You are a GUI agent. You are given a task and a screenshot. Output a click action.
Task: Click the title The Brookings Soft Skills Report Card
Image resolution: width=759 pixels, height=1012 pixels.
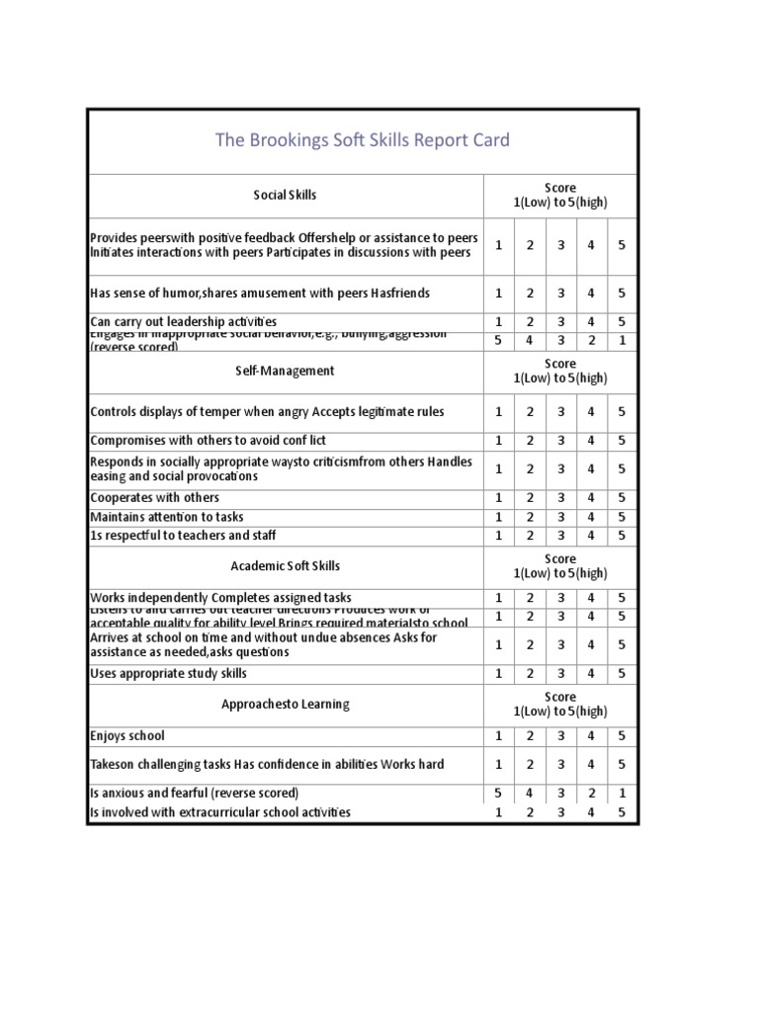pos(363,140)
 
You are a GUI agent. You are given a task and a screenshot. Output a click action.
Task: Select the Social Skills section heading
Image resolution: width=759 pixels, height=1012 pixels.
pos(285,195)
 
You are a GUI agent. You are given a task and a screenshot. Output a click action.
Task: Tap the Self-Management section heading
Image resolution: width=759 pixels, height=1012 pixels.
pos(285,371)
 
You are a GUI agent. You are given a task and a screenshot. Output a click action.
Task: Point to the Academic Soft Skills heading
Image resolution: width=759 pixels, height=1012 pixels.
pos(285,566)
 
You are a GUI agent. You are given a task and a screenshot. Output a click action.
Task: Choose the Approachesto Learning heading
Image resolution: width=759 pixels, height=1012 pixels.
pos(285,705)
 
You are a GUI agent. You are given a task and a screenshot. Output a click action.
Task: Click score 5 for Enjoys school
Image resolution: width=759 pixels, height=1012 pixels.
pos(622,736)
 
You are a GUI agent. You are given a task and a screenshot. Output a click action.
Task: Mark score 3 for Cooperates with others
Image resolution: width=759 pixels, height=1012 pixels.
pos(560,498)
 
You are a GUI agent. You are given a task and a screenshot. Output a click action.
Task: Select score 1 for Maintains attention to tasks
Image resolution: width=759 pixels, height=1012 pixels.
pos(499,517)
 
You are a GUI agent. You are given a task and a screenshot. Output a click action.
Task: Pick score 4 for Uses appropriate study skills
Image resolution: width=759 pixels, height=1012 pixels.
pos(591,674)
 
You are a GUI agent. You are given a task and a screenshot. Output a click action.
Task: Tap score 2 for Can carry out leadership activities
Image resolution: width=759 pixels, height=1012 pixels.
pos(531,322)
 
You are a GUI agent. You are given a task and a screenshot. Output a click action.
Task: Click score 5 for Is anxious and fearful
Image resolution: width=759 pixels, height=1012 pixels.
pos(499,794)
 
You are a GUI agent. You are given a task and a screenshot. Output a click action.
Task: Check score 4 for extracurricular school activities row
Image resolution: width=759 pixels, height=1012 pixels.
pos(591,812)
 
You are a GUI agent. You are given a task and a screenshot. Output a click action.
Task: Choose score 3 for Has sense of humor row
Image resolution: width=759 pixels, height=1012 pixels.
pos(560,294)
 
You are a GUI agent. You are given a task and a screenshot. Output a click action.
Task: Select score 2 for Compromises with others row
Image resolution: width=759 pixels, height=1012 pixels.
pos(531,441)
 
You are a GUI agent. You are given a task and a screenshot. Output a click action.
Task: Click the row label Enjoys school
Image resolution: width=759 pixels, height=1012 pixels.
pos(127,736)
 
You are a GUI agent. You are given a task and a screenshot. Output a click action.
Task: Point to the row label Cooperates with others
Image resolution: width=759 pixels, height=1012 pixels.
pos(155,498)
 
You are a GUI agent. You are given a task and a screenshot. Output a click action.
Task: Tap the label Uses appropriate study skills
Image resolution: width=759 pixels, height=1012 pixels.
pos(169,674)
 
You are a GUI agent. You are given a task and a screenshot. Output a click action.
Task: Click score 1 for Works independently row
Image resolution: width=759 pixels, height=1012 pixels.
pos(499,598)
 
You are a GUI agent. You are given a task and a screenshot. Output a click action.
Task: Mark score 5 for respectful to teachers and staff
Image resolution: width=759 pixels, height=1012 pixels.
pos(622,536)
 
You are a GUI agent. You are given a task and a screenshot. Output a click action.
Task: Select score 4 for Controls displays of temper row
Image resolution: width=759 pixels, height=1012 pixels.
pos(591,412)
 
